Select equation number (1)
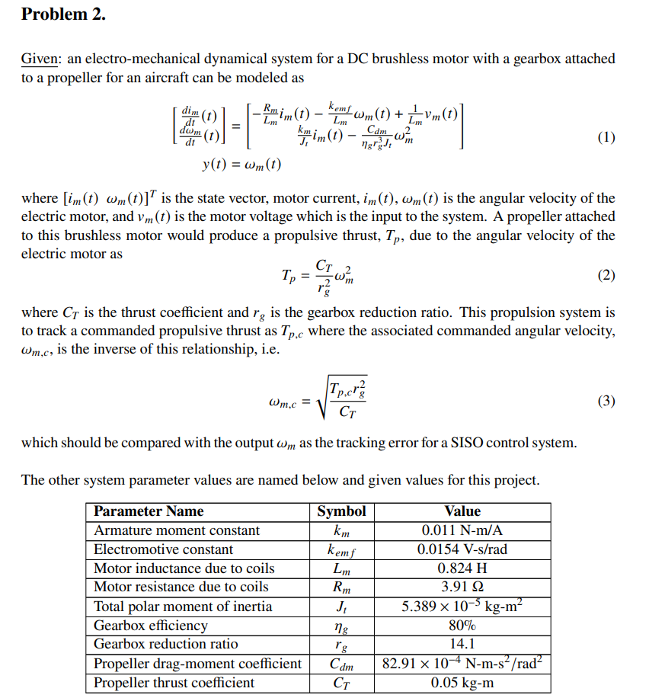click(606, 138)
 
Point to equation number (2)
click(606, 275)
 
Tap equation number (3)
click(606, 401)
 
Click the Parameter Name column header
click(149, 511)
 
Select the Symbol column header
click(341, 511)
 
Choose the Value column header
click(462, 511)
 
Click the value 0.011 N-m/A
click(462, 530)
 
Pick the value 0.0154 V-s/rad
click(462, 549)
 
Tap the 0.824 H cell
click(462, 568)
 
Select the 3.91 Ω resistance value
click(462, 587)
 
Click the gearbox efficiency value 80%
click(462, 626)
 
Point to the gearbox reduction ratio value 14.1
click(462, 645)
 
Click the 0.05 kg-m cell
click(462, 683)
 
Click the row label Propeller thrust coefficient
click(174, 683)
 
